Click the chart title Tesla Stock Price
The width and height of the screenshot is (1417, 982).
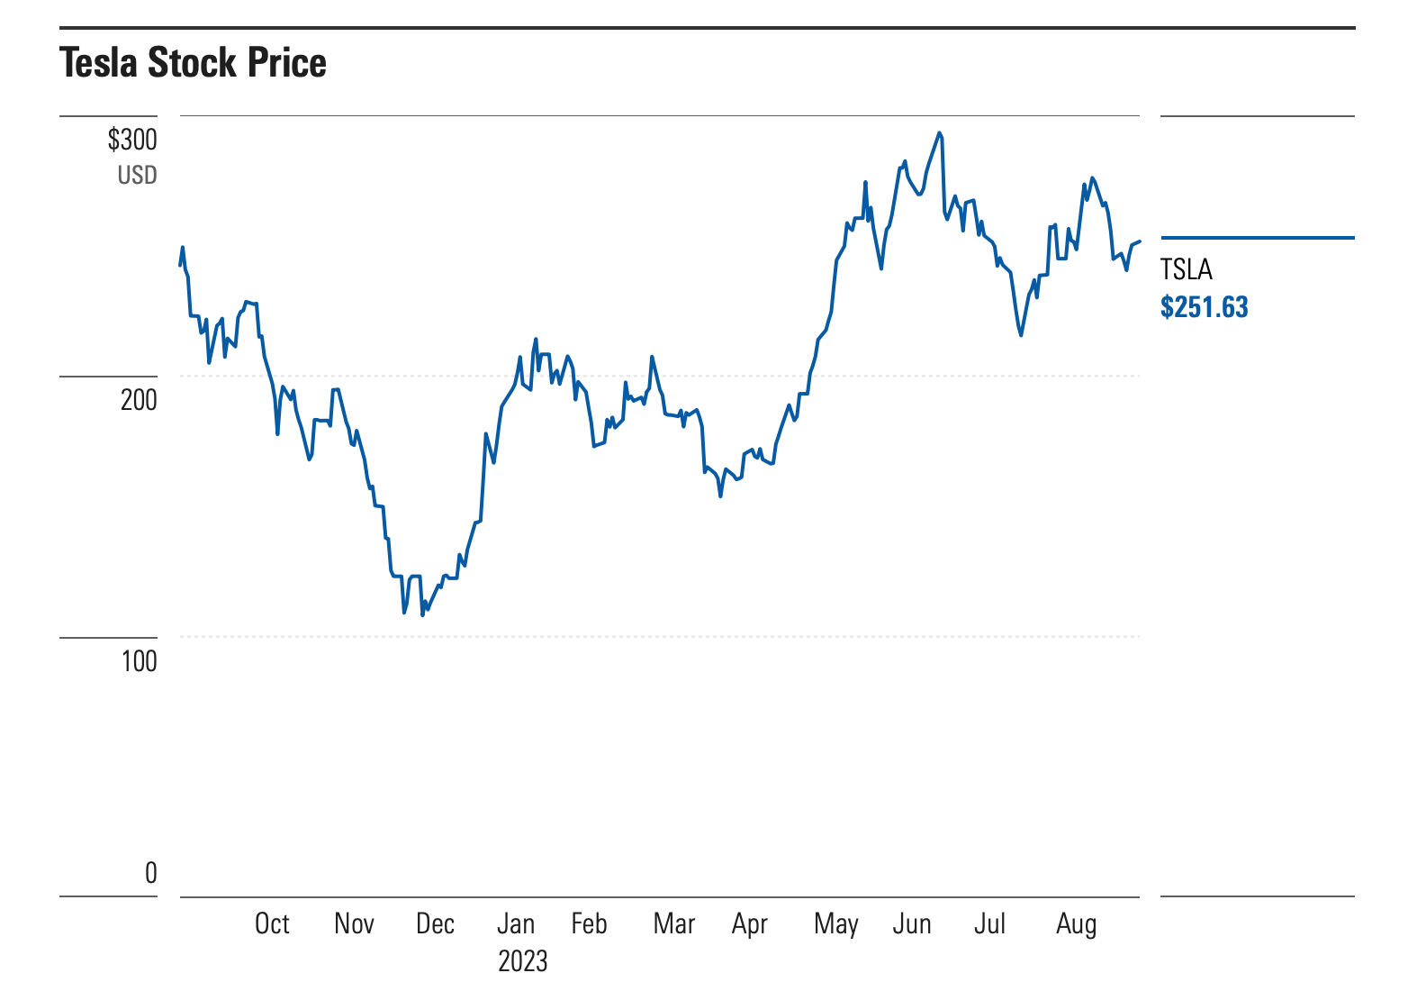193,63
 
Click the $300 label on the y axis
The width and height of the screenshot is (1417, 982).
132,140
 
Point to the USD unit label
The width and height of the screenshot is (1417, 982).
137,175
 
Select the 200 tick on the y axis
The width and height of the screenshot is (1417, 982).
139,399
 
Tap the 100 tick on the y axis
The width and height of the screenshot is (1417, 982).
139,661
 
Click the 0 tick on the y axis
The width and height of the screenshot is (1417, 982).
150,872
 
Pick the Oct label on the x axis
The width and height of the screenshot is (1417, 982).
272,923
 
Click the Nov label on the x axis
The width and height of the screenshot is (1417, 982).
354,923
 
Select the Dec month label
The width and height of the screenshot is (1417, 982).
435,923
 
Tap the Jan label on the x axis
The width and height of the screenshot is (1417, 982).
516,923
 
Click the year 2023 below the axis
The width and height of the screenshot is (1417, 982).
522,960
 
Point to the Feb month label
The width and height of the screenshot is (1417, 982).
589,923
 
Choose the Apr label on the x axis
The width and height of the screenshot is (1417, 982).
750,923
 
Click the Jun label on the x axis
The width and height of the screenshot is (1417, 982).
911,923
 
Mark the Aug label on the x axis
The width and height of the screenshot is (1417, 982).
1076,923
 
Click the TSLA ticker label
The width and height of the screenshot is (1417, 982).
1186,269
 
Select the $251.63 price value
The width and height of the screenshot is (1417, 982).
1204,307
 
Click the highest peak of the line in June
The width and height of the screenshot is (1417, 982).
939,133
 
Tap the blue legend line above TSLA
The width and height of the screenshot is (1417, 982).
1257,238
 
